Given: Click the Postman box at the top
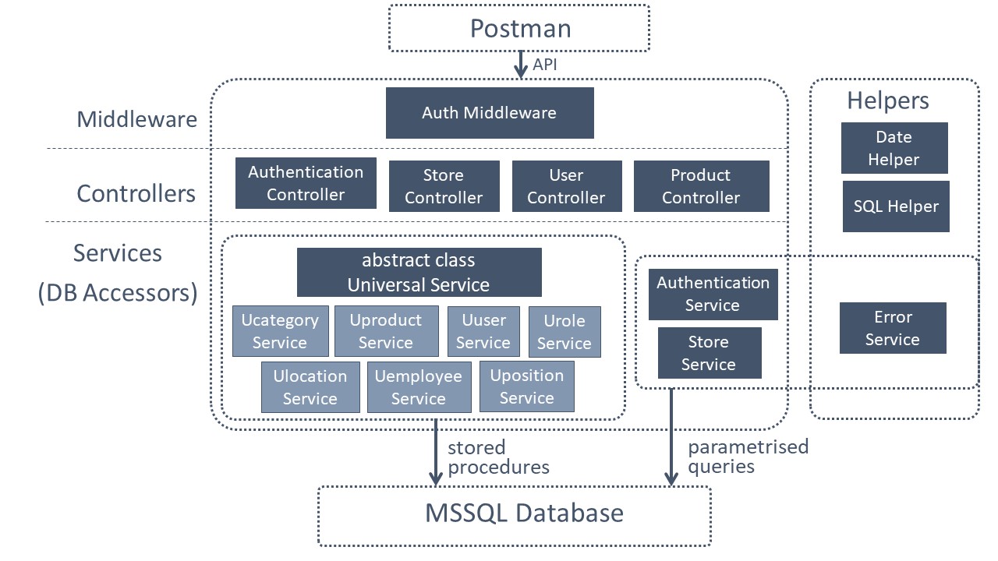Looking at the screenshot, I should pos(519,29).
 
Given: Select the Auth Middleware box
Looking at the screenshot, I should pos(490,113).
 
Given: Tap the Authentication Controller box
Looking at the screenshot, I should pos(306,183).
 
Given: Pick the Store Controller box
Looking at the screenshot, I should pos(444,186).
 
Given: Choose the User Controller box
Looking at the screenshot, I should pos(566,186).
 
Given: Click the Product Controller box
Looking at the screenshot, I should pos(700,186).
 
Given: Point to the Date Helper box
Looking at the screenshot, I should pos(894,148).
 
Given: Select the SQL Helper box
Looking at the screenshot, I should pos(895,206).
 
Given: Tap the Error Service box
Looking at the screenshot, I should pos(892,328).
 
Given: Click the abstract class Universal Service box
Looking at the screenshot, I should pos(419,272).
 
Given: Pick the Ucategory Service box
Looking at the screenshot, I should pos(280,331).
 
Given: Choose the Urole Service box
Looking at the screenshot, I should pos(564,332).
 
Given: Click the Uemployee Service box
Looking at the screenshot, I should pos(419,387).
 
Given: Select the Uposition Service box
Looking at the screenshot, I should pos(526,386).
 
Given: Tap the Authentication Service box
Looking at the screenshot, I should pos(713,295).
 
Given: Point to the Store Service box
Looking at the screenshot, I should pos(709,353).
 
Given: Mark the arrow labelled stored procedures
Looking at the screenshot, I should pos(435,452).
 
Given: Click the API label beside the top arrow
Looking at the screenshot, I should pos(545,65).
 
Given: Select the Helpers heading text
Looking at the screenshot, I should pos(888,101).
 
